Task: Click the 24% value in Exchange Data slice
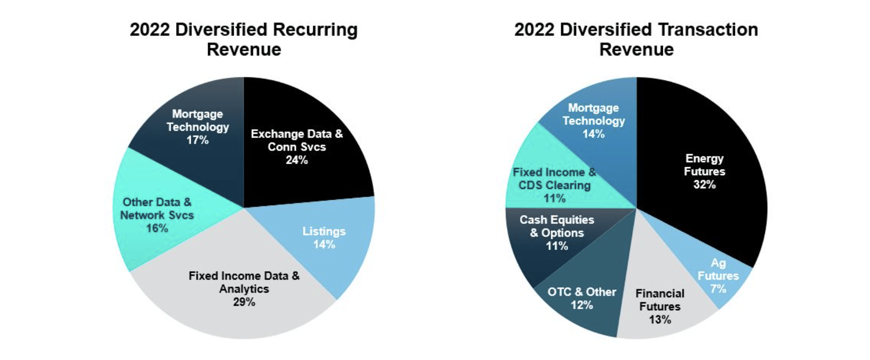click(296, 160)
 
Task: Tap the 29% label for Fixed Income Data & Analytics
click(244, 302)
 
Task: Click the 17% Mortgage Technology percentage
click(197, 140)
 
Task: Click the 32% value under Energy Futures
click(704, 184)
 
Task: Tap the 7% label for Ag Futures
click(718, 288)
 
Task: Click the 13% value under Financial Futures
click(659, 320)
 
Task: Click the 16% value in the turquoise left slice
click(157, 228)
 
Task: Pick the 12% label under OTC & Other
click(581, 305)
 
